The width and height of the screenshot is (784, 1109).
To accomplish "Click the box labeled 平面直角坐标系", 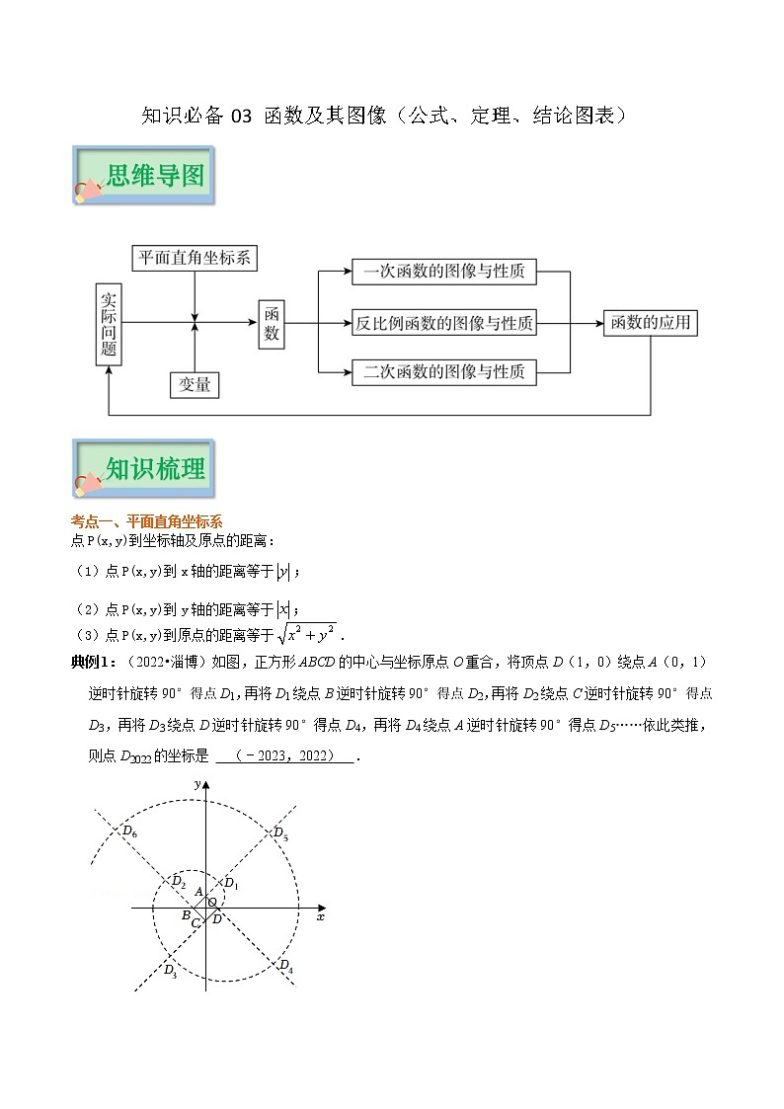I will pyautogui.click(x=196, y=259).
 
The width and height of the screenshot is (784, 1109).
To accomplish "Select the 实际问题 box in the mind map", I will pyautogui.click(x=109, y=323).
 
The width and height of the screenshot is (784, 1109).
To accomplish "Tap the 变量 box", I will pyautogui.click(x=194, y=385).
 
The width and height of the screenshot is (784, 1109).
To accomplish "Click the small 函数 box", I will pyautogui.click(x=273, y=323).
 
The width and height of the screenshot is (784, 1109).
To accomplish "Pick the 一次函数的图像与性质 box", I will pyautogui.click(x=443, y=272).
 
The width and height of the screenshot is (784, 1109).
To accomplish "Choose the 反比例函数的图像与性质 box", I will pyautogui.click(x=443, y=323).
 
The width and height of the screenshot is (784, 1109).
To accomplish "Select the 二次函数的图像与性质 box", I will pyautogui.click(x=443, y=372).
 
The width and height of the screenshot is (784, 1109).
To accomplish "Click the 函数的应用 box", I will pyautogui.click(x=651, y=323).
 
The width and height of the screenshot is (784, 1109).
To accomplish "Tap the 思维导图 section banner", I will pyautogui.click(x=142, y=177).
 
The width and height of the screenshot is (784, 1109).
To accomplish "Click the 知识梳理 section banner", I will pyautogui.click(x=142, y=468).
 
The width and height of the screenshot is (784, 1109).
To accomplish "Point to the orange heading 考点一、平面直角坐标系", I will pyautogui.click(x=147, y=521).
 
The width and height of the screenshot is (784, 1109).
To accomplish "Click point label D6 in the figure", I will pyautogui.click(x=127, y=832).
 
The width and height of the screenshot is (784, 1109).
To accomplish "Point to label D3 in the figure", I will pyautogui.click(x=170, y=969).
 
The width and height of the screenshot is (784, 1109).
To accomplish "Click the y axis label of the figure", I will pyautogui.click(x=198, y=783).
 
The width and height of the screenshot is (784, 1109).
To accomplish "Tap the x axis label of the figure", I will pyautogui.click(x=321, y=917).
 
